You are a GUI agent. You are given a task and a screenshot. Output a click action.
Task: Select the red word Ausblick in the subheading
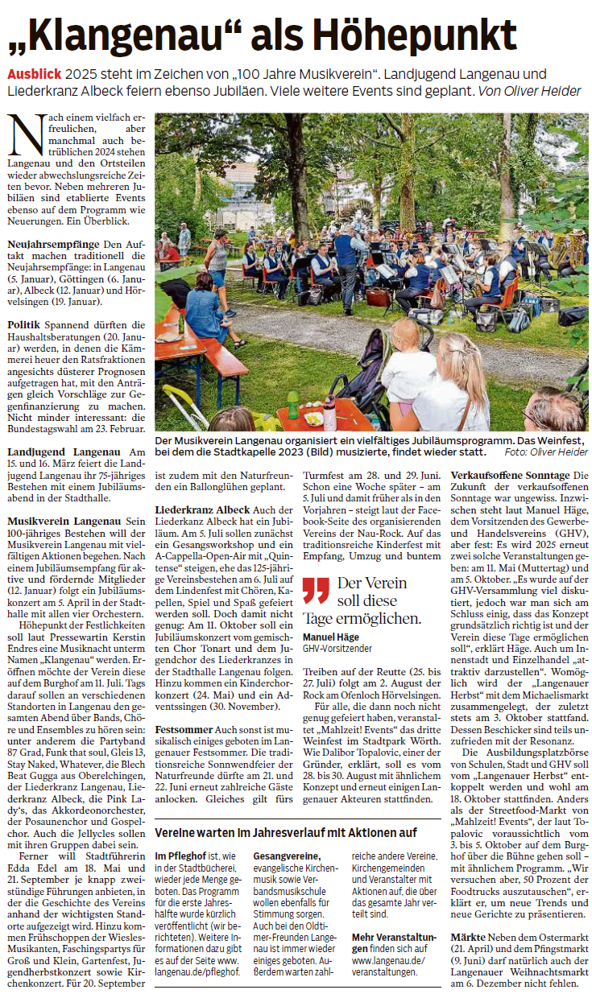tap(35, 73)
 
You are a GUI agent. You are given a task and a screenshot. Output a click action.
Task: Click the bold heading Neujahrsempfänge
tap(53, 244)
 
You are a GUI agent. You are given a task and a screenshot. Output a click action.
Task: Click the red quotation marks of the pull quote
tap(316, 591)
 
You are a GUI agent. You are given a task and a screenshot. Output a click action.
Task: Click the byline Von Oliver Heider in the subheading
tap(529, 91)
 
